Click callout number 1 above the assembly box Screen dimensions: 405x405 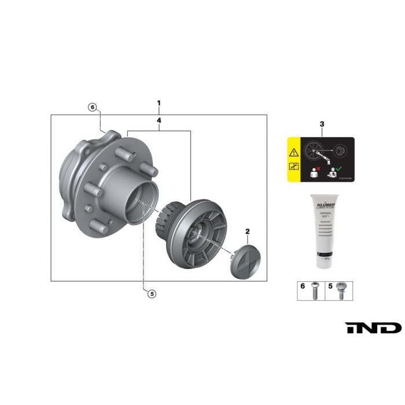(x=159, y=104)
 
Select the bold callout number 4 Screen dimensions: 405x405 (x=159, y=121)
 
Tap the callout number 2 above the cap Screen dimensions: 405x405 (x=248, y=232)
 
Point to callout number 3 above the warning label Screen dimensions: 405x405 (x=322, y=124)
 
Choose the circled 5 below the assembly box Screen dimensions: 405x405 (x=152, y=293)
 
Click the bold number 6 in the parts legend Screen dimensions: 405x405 (x=301, y=285)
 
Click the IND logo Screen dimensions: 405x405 (x=373, y=328)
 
